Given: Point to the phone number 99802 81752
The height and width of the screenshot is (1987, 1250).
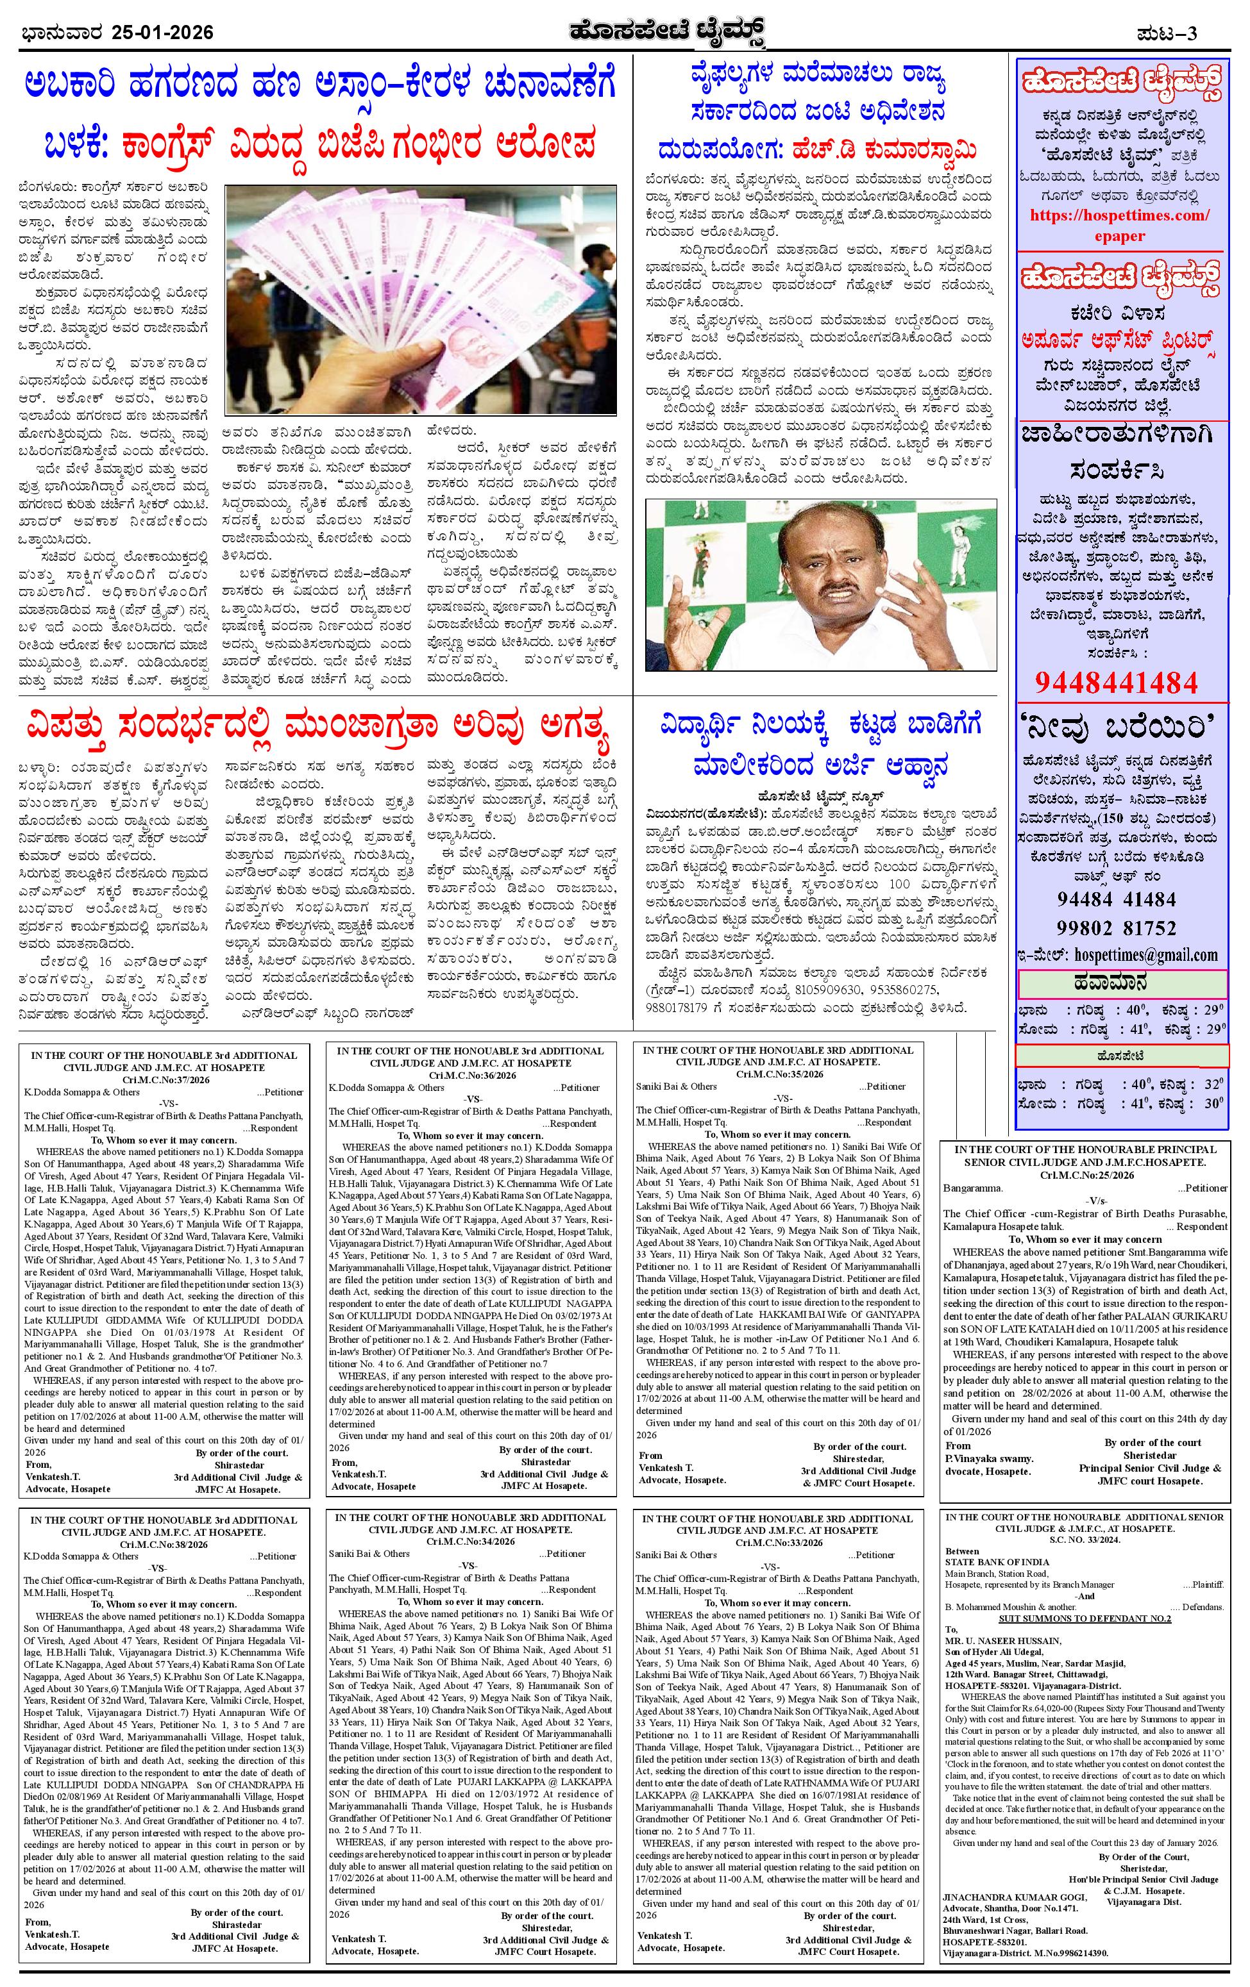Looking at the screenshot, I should point(1115,927).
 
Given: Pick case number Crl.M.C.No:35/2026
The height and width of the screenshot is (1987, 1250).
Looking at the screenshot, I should point(777,1074).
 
